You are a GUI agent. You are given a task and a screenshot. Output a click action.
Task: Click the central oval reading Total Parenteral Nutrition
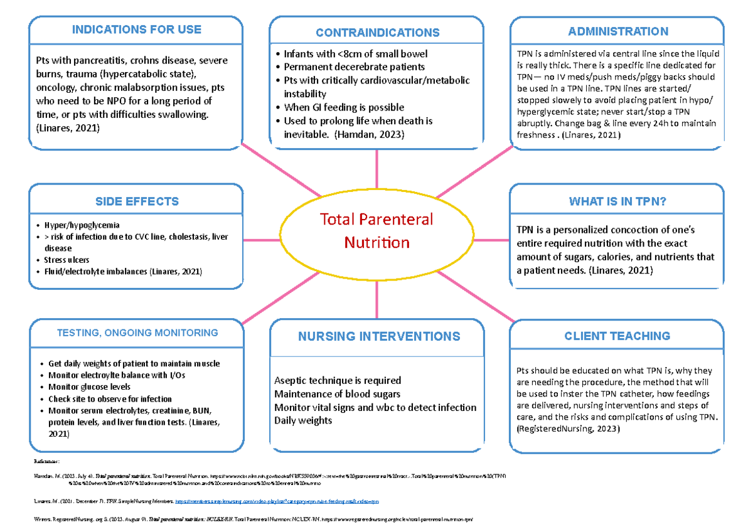(x=376, y=230)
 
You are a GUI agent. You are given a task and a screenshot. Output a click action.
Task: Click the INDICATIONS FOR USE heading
(x=136, y=29)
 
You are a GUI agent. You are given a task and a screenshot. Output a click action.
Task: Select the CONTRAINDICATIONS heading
(x=377, y=33)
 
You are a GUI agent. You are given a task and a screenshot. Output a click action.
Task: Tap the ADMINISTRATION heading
(x=618, y=31)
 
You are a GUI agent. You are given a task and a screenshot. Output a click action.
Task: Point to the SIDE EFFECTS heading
(x=137, y=201)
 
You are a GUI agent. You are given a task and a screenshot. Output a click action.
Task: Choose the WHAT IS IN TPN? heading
(x=617, y=201)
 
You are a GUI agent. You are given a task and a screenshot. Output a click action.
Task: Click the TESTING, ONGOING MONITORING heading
(x=137, y=333)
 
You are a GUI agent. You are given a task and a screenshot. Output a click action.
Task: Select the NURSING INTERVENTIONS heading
(x=378, y=336)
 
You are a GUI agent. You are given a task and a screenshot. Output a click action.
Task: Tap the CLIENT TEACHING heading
(x=617, y=336)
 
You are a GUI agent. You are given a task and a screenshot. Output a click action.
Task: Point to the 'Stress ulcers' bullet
(x=67, y=260)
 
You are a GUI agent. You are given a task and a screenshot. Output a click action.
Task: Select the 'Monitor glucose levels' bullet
(x=89, y=387)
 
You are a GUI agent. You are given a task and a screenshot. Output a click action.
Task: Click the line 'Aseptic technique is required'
(x=338, y=381)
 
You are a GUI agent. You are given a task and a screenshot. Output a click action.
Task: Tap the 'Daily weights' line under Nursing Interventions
(x=303, y=420)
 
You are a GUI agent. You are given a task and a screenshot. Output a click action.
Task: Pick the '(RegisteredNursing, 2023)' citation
(x=568, y=429)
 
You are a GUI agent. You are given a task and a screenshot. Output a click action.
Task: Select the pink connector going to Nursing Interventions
(x=376, y=300)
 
